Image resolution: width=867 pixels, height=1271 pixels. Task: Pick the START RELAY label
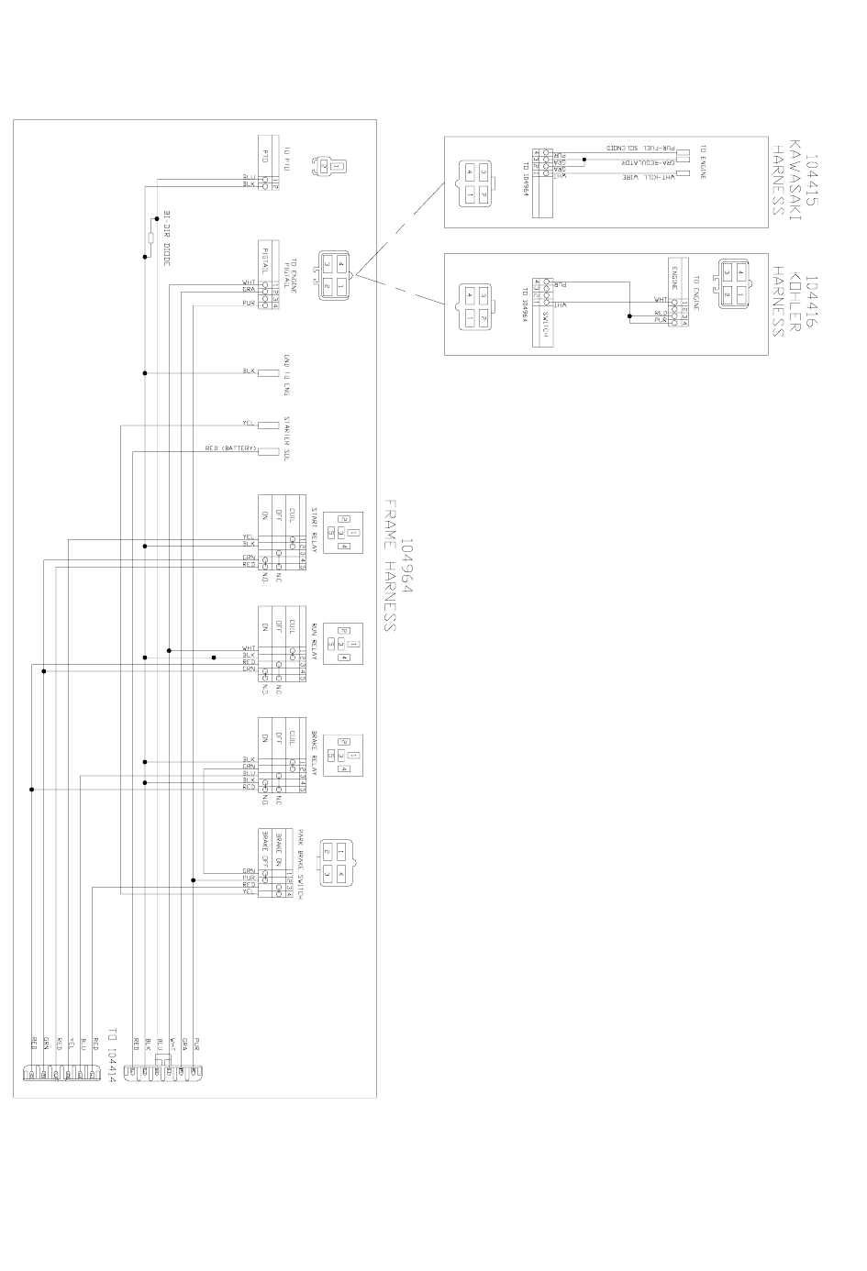[x=314, y=525]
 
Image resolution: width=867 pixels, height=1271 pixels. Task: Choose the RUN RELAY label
[x=314, y=638]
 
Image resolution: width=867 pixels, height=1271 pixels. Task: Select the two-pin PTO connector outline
[x=328, y=166]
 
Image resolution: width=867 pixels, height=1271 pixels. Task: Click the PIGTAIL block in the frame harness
[x=265, y=260]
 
